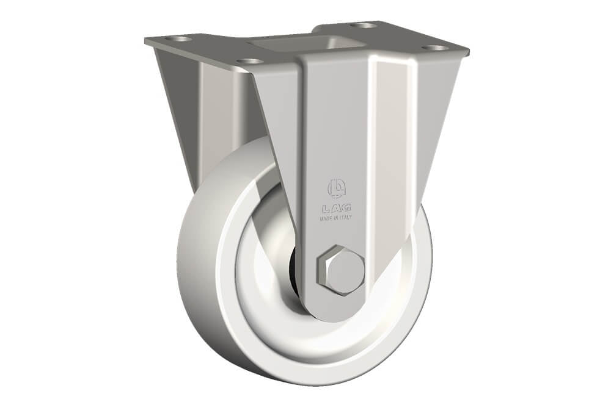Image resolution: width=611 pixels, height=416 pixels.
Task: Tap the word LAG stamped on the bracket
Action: click(x=336, y=208)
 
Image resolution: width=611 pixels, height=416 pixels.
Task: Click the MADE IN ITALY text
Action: click(x=335, y=218)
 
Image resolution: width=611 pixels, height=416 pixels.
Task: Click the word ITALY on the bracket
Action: click(x=345, y=218)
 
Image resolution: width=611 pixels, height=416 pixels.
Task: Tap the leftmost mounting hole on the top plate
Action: click(x=178, y=39)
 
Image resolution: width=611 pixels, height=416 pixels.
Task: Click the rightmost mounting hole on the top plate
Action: click(x=435, y=49)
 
